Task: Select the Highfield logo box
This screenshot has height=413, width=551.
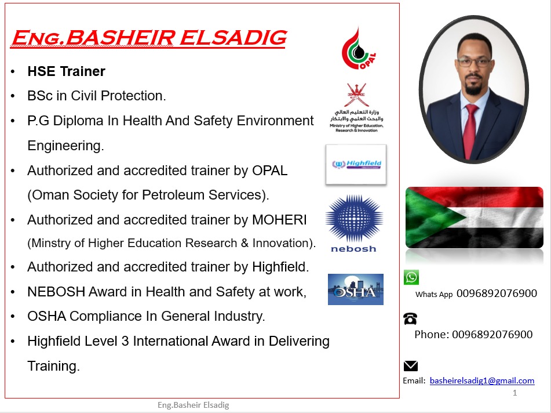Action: tap(356, 165)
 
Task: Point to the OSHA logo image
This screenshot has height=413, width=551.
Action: tap(355, 289)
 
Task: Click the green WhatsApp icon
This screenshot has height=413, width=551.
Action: tap(411, 277)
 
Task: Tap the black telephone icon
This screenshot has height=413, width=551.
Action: tap(410, 318)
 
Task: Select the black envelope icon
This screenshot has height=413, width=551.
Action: tap(410, 366)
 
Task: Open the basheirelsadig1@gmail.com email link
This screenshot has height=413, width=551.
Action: tap(482, 381)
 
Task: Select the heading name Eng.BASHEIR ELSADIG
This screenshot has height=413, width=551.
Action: tap(148, 38)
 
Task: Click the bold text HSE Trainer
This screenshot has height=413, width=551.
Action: tap(66, 71)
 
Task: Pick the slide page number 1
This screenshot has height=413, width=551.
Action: tap(514, 393)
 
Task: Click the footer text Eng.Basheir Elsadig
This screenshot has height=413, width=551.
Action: tap(194, 405)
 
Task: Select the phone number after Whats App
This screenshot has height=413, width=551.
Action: tap(497, 294)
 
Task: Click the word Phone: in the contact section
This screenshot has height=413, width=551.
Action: tap(432, 335)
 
